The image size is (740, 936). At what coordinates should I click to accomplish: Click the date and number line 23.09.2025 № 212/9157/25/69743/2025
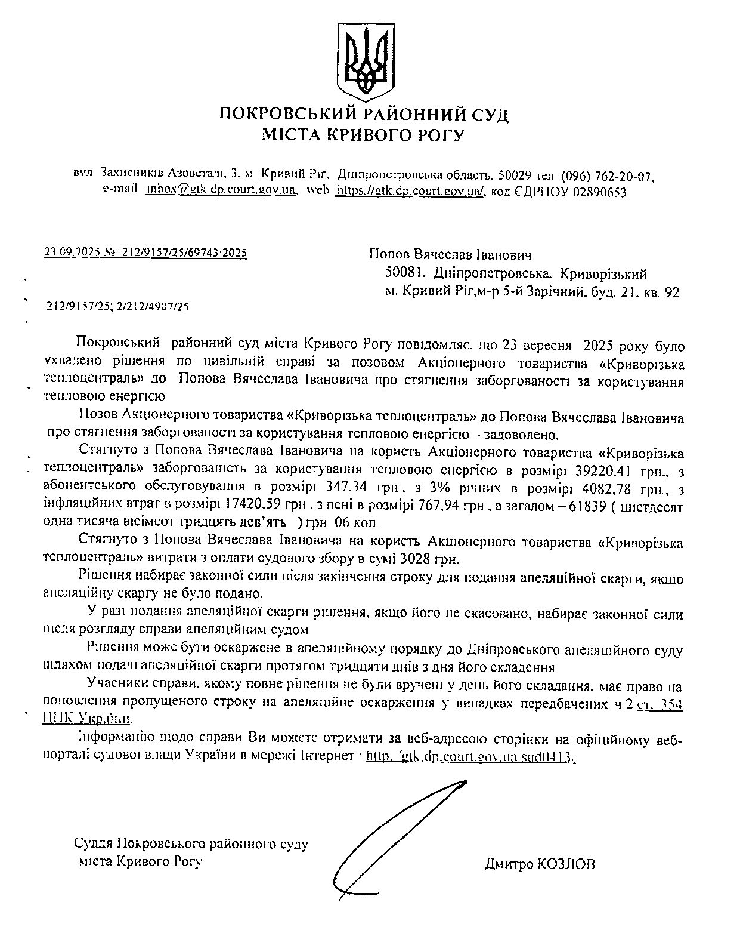click(x=145, y=253)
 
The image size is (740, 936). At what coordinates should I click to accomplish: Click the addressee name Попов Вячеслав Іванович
click(x=450, y=255)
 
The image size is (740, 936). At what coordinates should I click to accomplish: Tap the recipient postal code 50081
click(x=405, y=273)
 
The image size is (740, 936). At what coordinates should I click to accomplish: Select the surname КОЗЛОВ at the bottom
click(x=566, y=864)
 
